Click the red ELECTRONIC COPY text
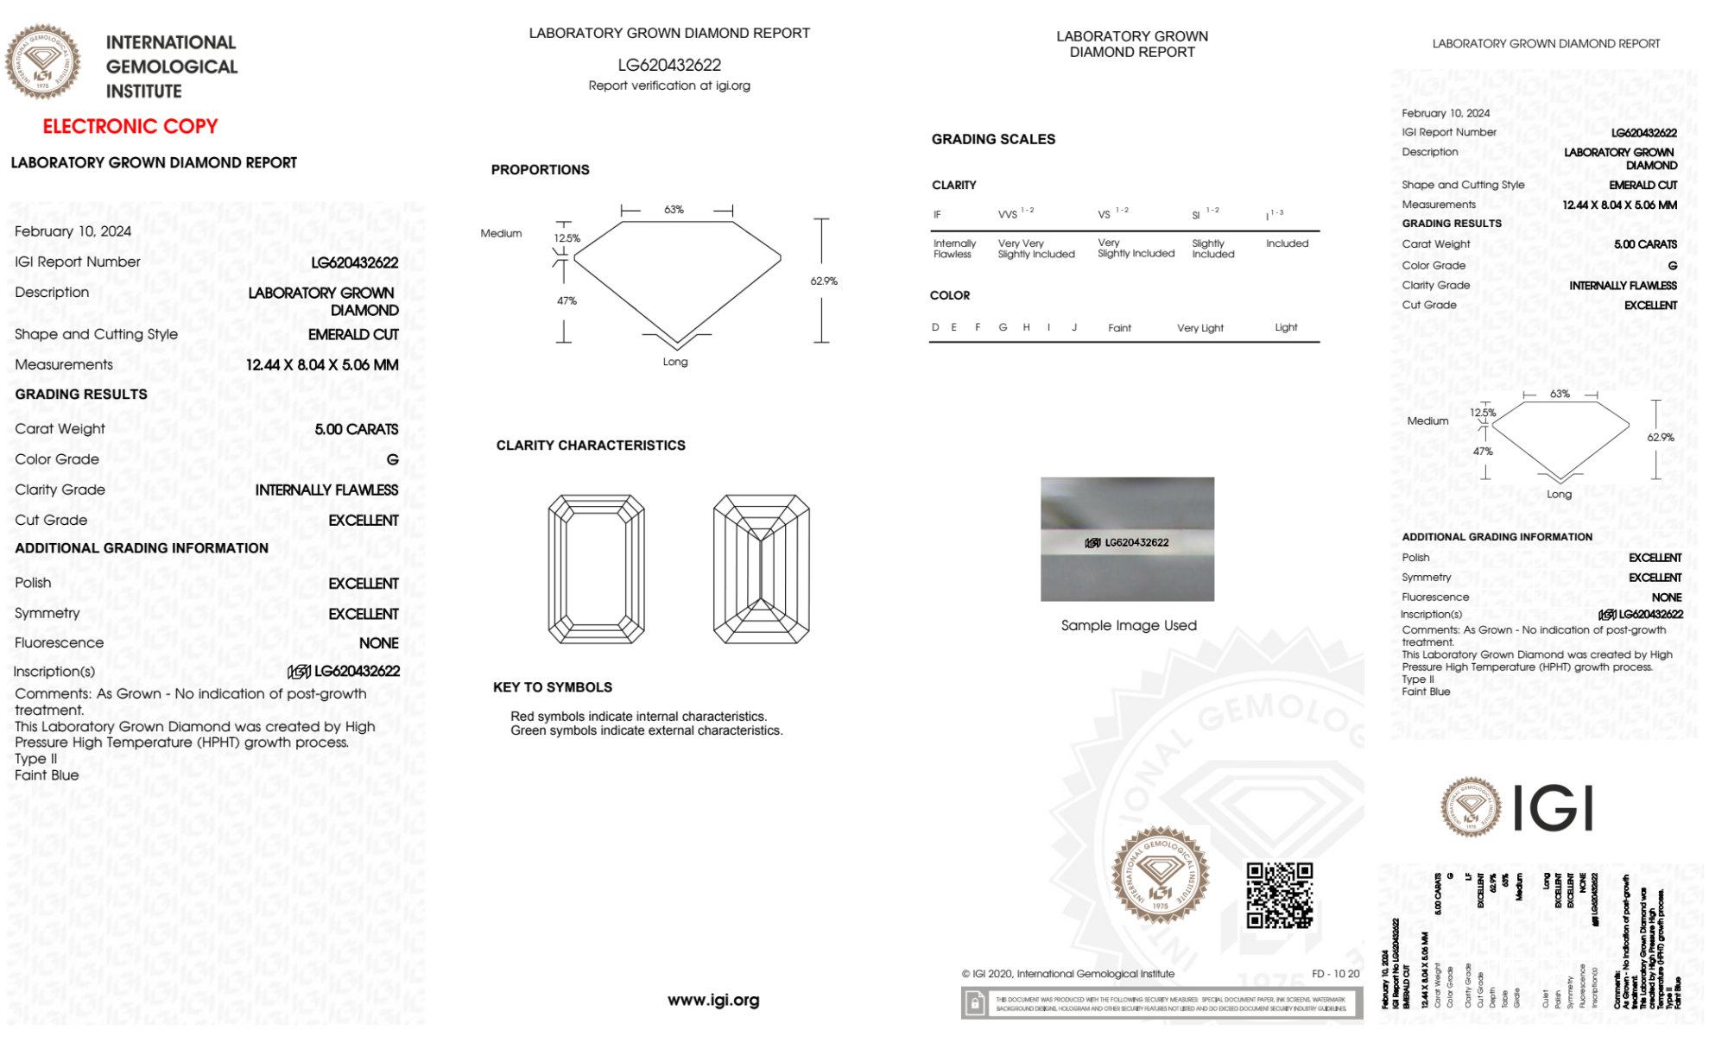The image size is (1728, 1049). coord(130,126)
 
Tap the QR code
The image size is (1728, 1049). coord(1279,894)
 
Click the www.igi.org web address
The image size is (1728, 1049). coord(713,1000)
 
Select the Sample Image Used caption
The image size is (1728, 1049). coord(1129,625)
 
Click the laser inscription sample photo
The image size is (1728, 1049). coord(1127,539)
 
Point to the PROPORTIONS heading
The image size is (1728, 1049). coord(540,170)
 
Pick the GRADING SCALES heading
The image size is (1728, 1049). coord(993,139)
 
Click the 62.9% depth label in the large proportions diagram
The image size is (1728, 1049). coord(824,281)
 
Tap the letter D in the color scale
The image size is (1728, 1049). coord(935,327)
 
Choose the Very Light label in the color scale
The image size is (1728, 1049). coord(1199,328)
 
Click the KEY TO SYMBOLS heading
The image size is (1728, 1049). coord(552,687)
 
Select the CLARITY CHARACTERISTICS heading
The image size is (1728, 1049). coord(591,446)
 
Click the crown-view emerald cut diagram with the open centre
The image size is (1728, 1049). coord(596,569)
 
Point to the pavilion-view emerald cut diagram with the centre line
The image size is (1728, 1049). coord(761,569)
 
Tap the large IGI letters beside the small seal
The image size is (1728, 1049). coord(1553,809)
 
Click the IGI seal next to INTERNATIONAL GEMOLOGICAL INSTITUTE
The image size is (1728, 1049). coord(42,61)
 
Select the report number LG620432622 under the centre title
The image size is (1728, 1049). coord(669,65)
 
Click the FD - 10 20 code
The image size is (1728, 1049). coord(1335,974)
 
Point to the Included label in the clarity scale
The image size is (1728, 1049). coord(1287,243)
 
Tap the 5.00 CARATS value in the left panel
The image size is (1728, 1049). coord(356,429)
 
